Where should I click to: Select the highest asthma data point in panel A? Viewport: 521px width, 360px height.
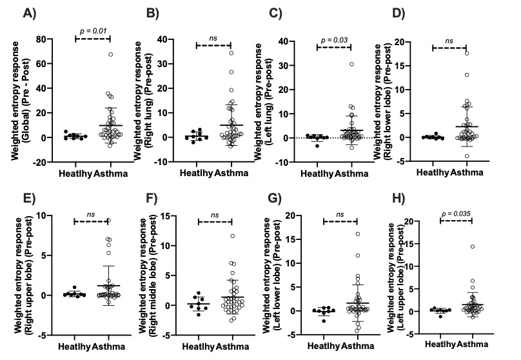[x=110, y=55]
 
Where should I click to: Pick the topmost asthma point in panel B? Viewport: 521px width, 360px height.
[x=230, y=53]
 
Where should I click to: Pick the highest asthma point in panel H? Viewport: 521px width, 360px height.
[x=473, y=246]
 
